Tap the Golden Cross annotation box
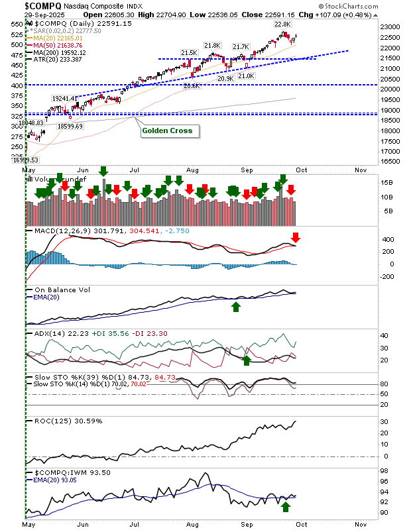[170, 131]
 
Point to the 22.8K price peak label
[282, 25]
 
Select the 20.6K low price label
[192, 86]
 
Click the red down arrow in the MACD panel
[296, 237]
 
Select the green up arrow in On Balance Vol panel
[235, 306]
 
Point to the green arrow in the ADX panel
[247, 360]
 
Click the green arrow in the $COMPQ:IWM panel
[286, 507]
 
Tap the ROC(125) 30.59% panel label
[63, 421]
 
